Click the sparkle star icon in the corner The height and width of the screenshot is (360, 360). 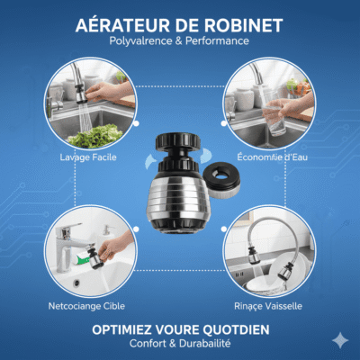(340, 340)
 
